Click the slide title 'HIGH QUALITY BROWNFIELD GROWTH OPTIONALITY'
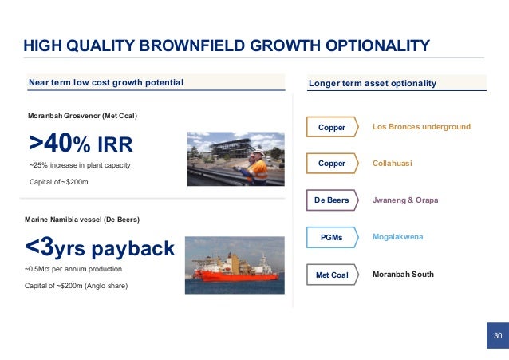pos(226,45)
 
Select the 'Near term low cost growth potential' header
pos(106,83)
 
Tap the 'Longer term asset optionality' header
pos(372,83)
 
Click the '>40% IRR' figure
pos(81,144)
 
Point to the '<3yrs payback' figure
pos(101,249)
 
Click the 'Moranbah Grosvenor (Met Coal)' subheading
pos(83,117)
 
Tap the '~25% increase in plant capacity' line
pos(79,165)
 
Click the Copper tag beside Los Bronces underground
pos(333,128)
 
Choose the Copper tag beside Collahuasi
pos(333,164)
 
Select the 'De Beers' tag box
pos(333,200)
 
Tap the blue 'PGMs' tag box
pos(333,237)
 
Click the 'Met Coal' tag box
pos(333,275)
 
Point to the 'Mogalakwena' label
pos(397,237)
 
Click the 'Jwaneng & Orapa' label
pos(405,200)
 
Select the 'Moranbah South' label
pos(403,274)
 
